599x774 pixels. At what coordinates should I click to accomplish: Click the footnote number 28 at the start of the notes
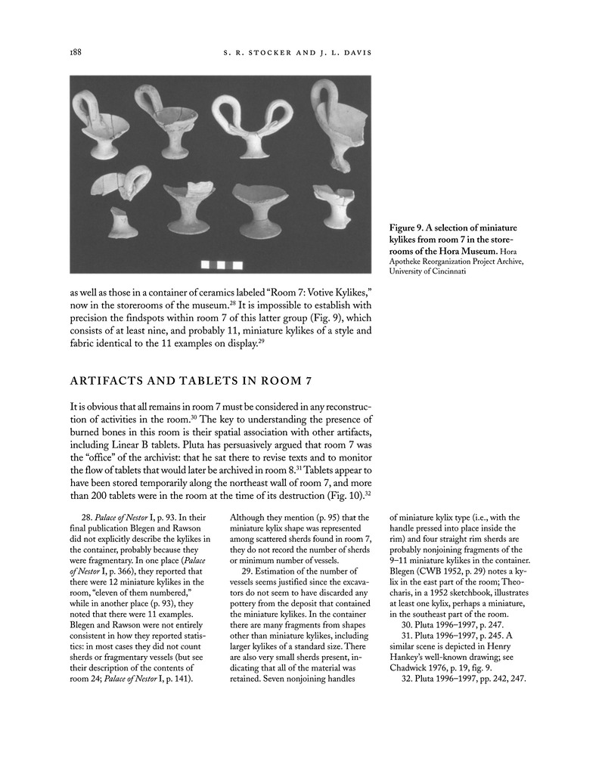(x=86, y=517)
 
